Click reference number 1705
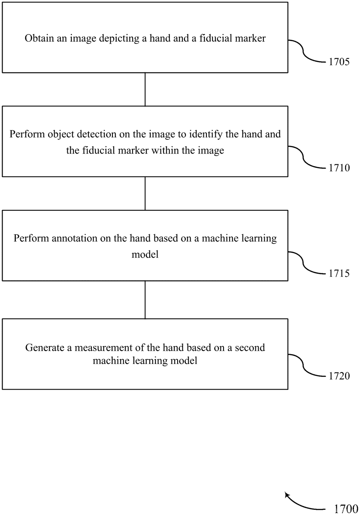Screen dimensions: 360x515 click(x=339, y=62)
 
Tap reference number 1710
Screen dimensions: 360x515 click(x=339, y=168)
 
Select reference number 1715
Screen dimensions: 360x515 click(x=339, y=273)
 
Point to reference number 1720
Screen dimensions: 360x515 click(x=339, y=376)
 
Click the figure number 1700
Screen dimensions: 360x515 click(x=346, y=509)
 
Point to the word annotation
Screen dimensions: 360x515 click(x=75, y=239)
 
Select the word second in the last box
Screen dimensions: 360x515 click(x=250, y=348)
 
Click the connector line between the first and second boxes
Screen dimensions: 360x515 click(x=145, y=89)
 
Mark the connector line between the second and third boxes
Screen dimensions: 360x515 click(x=145, y=194)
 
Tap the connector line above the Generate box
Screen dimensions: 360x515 click(x=145, y=300)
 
